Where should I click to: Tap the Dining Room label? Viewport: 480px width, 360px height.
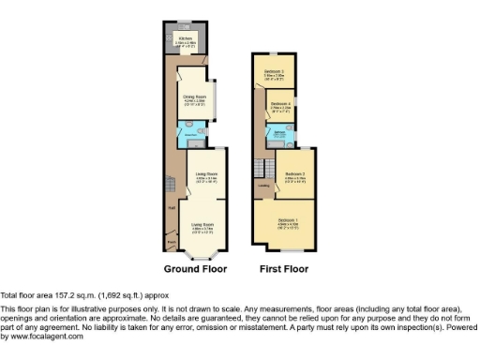[x=194, y=96]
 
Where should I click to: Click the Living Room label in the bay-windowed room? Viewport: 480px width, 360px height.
[x=203, y=225]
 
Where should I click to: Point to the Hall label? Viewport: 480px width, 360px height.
[x=172, y=208]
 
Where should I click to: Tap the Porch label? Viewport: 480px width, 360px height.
[x=172, y=240]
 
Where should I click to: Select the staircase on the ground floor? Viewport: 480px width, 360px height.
[x=171, y=187]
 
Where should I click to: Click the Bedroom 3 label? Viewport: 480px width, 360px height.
[x=274, y=70]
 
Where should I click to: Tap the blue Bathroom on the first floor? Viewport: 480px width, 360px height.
[x=279, y=134]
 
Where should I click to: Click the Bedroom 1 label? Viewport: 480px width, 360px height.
[x=289, y=220]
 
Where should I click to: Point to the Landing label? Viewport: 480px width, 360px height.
[x=265, y=186]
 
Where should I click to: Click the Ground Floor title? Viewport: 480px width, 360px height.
[x=195, y=269]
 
